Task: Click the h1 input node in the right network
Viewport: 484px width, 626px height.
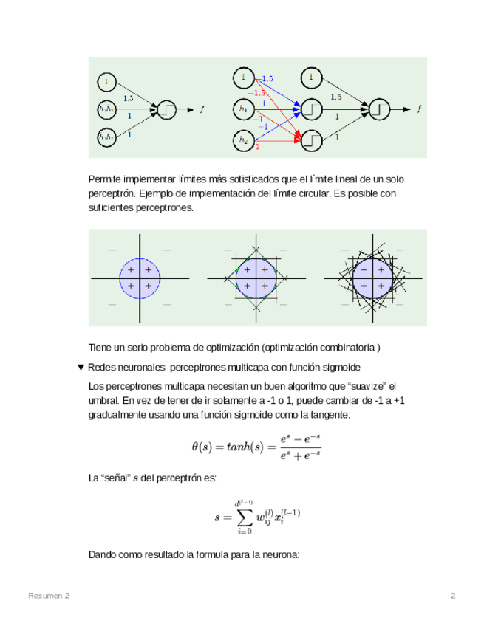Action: tap(243, 109)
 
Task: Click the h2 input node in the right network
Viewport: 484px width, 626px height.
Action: tap(243, 139)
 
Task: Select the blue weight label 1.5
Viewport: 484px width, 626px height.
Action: tap(267, 78)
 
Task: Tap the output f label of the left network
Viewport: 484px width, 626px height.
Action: tap(202, 110)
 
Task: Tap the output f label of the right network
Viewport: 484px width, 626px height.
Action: tap(419, 109)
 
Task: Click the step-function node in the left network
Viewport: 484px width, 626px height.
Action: tap(167, 110)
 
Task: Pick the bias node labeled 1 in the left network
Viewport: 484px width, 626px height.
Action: tap(106, 80)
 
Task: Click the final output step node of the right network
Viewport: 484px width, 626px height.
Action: tap(379, 109)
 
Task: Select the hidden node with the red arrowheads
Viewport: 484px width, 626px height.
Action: tap(311, 139)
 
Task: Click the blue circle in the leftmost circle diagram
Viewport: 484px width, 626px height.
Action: tap(139, 278)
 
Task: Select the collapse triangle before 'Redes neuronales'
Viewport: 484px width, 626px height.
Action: tap(81, 368)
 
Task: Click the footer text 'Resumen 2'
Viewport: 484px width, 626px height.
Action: tap(50, 596)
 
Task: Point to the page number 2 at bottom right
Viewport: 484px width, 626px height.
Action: tap(453, 596)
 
